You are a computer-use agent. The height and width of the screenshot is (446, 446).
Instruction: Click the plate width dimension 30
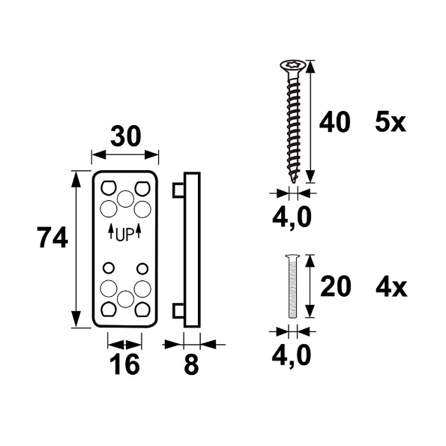pyautogui.click(x=125, y=136)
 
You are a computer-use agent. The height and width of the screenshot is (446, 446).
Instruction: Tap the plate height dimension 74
pyautogui.click(x=52, y=237)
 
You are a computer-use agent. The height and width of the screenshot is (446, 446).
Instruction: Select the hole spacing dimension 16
pyautogui.click(x=124, y=364)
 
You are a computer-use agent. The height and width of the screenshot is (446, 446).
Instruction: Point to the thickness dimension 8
pyautogui.click(x=191, y=364)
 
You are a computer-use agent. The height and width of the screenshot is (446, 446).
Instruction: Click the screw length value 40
pyautogui.click(x=334, y=122)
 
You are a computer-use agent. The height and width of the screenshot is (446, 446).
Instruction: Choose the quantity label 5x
pyautogui.click(x=391, y=122)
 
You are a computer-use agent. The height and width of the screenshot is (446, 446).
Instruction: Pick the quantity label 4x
pyautogui.click(x=391, y=287)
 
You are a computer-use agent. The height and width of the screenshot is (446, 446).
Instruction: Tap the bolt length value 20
pyautogui.click(x=336, y=286)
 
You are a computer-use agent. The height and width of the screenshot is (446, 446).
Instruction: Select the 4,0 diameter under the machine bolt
pyautogui.click(x=292, y=356)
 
